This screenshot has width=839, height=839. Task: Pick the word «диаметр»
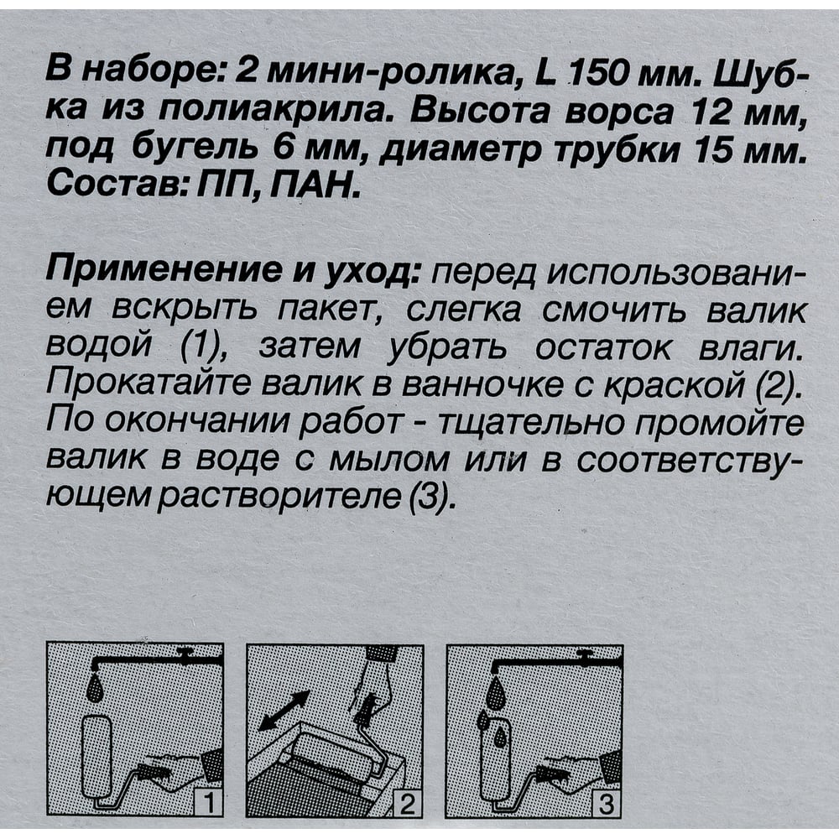click(458, 154)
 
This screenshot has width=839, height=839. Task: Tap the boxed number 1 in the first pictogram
click(211, 804)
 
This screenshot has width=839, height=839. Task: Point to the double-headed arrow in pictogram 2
click(284, 710)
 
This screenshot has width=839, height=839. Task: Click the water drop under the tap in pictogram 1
click(96, 689)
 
